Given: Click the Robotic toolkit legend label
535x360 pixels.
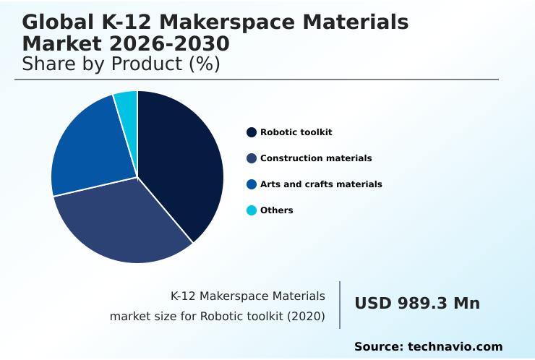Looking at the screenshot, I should click(296, 132).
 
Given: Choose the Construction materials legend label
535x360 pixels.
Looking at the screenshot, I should click(316, 158).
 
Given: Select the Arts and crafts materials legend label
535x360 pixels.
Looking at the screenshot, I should click(321, 184).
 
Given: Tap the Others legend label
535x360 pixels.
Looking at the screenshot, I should click(276, 210).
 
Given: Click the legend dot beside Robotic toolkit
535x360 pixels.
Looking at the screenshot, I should click(252, 132).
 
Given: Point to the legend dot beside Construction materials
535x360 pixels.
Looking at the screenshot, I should click(252, 158).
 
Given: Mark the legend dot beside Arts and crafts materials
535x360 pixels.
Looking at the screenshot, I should click(252, 184).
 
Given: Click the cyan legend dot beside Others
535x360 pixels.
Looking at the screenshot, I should click(252, 210).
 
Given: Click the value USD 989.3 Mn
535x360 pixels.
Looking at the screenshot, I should click(417, 304).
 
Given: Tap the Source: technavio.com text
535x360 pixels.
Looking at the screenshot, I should click(428, 347).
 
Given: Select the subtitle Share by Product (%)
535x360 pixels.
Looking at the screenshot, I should click(121, 64).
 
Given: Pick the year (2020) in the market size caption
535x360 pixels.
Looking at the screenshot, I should click(304, 317).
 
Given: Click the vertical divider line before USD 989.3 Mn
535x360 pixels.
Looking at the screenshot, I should click(340, 305).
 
